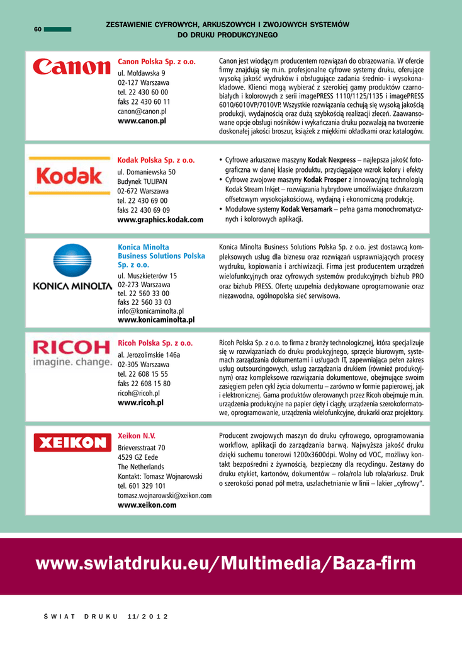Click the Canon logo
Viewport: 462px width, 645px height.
71,67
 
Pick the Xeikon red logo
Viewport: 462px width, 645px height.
71,443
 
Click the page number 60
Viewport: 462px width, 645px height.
38,30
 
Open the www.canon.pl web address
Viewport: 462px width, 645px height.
142,120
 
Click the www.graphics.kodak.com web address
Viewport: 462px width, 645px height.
161,220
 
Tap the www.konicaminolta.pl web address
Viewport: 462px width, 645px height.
156,320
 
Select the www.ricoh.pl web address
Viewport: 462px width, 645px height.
140,402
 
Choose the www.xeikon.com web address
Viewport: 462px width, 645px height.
147,505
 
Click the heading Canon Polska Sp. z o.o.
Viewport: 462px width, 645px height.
157,62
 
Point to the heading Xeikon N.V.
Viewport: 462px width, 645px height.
137,436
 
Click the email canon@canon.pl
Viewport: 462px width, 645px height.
142,111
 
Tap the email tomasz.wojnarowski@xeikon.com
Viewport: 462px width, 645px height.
164,496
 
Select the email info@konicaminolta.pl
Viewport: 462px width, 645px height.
150,311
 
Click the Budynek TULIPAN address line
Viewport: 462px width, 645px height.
142,181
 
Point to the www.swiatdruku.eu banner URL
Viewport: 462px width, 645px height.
226,563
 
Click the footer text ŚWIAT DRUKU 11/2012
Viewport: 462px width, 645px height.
101,616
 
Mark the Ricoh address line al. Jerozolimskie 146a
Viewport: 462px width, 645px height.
149,355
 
